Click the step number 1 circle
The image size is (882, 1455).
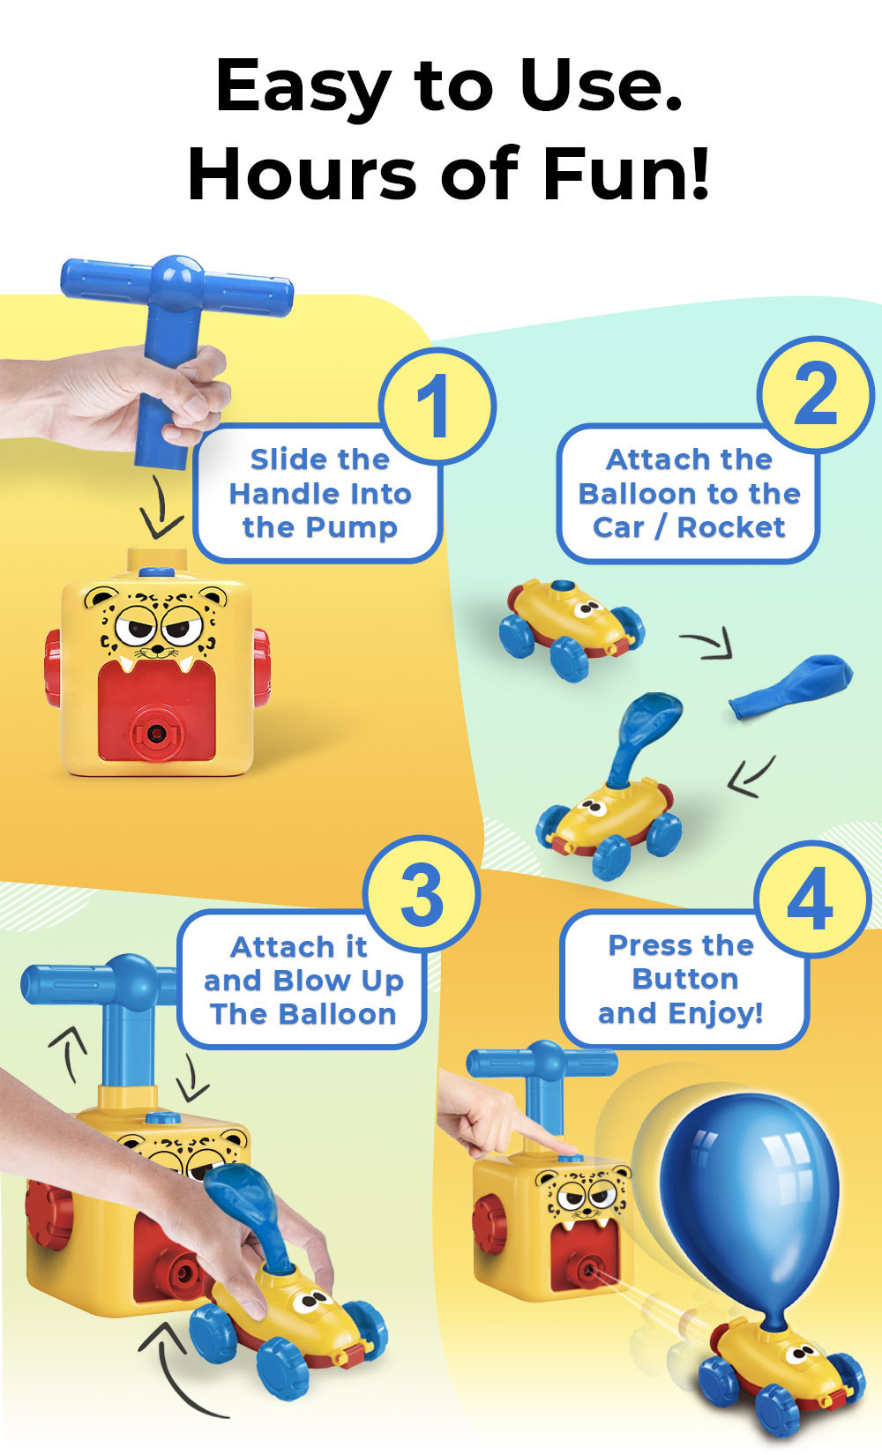pyautogui.click(x=437, y=406)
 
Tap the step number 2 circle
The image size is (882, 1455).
pyautogui.click(x=816, y=393)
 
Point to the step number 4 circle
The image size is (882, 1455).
pyautogui.click(x=811, y=899)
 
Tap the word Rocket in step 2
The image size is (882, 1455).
pyautogui.click(x=731, y=527)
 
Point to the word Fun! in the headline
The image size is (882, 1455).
pyautogui.click(x=625, y=174)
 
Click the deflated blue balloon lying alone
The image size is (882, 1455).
pyautogui.click(x=790, y=687)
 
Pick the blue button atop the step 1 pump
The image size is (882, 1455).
pyautogui.click(x=156, y=572)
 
